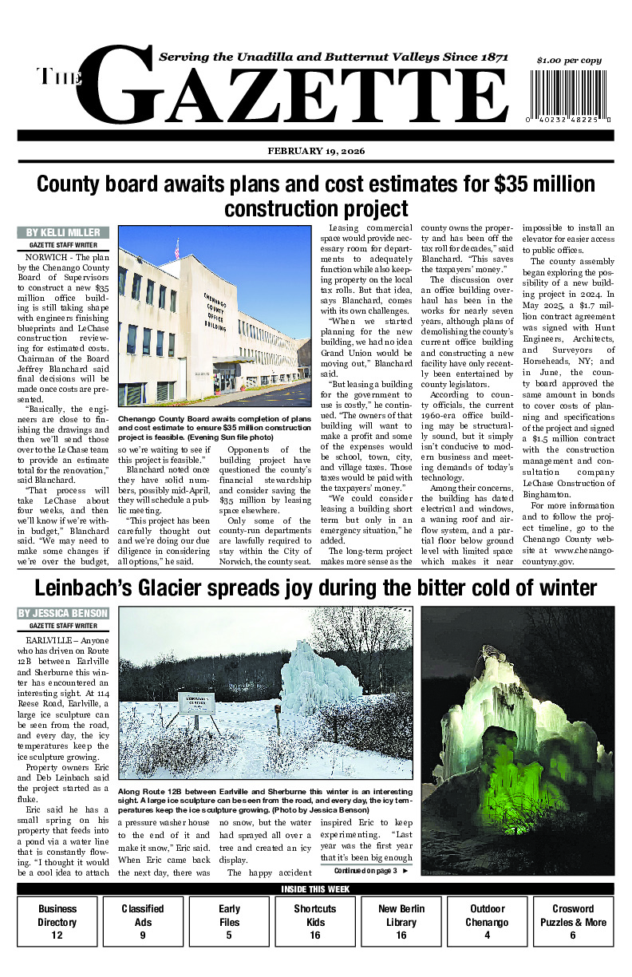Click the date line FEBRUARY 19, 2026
point(316,151)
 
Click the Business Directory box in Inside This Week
point(57,921)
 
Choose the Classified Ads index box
point(143,921)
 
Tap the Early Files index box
point(229,921)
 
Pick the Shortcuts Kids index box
point(314,921)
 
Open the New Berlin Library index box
point(401,921)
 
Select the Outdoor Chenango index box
point(487,921)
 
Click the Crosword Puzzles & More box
point(573,921)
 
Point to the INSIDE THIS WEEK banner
point(316,889)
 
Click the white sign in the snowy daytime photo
point(196,702)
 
